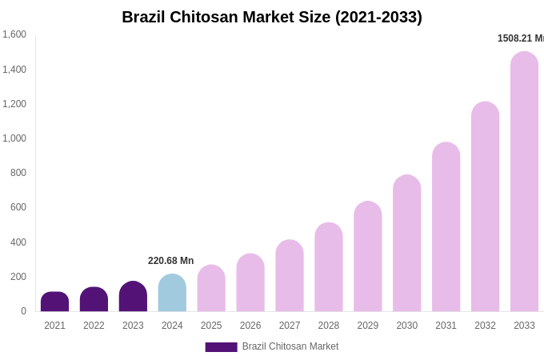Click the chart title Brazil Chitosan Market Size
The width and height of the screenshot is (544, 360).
pos(272,17)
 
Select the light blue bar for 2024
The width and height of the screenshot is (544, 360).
pos(172,293)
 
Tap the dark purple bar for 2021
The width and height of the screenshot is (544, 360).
pos(54,302)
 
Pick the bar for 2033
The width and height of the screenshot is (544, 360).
pos(524,182)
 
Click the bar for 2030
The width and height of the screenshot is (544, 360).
pos(406,243)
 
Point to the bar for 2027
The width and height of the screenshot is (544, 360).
pos(290,275)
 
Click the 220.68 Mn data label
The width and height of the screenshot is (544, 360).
pos(170,261)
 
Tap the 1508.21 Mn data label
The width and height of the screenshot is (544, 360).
pos(520,38)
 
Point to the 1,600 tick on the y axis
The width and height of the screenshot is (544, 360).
pos(14,34)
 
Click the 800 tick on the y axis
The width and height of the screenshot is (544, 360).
pos(18,173)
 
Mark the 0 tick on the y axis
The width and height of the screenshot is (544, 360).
pos(23,311)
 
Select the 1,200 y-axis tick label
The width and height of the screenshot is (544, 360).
pos(14,104)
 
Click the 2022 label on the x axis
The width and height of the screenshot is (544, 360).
pos(94,326)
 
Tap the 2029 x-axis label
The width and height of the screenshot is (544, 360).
pos(368,326)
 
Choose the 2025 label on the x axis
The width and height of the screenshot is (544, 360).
pos(211,326)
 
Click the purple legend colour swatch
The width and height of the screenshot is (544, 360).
pos(221,347)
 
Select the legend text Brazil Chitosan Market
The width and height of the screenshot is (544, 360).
pos(290,346)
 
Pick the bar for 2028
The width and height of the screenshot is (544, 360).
pos(329,267)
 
